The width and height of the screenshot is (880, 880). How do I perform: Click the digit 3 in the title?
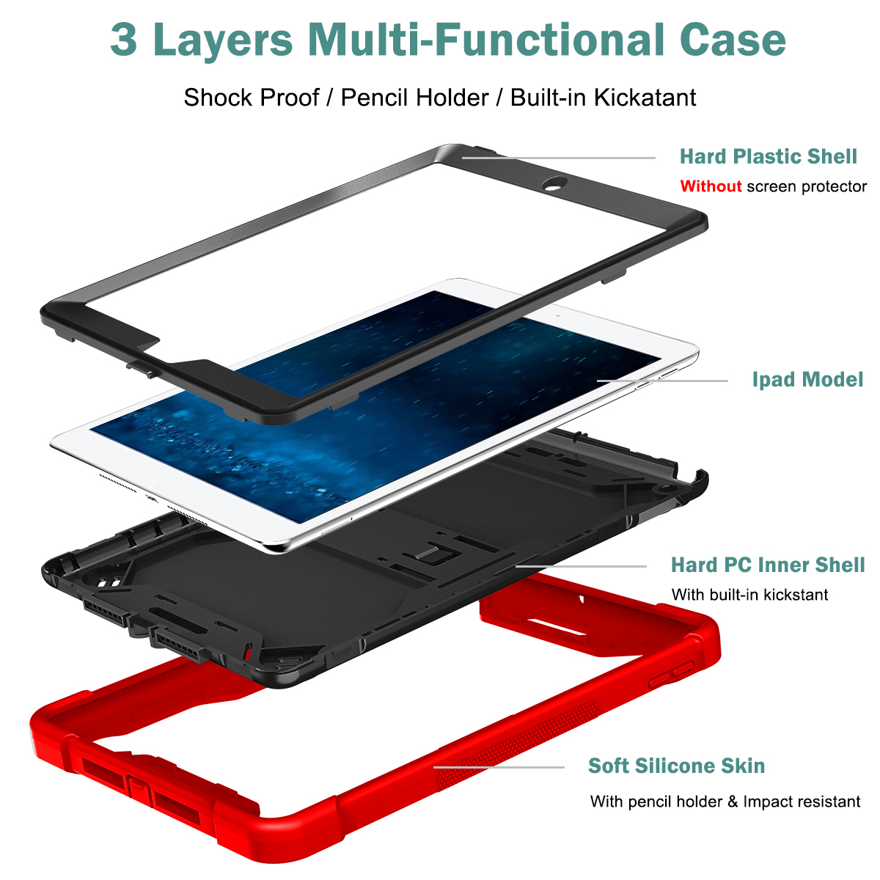coord(124,40)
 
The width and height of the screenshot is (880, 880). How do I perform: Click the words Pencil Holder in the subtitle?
coord(414,98)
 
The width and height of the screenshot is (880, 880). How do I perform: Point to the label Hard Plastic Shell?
coord(768,157)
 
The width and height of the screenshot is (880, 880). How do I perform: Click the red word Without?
coord(711,186)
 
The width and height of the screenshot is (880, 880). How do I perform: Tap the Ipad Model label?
coord(807,379)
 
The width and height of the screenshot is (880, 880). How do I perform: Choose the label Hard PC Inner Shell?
coord(768,565)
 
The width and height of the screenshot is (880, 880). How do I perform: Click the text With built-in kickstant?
coord(749,595)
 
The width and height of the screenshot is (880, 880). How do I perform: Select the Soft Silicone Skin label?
coord(676,766)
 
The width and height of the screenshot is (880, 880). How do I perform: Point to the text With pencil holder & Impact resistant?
coord(725,802)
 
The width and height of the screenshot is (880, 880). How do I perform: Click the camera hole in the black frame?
coord(554,183)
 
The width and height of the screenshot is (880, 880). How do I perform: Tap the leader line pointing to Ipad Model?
coord(662,381)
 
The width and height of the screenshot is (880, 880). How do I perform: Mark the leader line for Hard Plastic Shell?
coord(559,158)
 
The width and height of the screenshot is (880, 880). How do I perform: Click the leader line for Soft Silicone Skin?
coord(499,767)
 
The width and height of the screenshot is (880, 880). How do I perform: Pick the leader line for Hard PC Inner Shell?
coord(581,566)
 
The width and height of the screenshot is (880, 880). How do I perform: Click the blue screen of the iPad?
coord(375,406)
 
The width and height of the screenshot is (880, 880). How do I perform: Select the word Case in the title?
coord(733,40)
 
